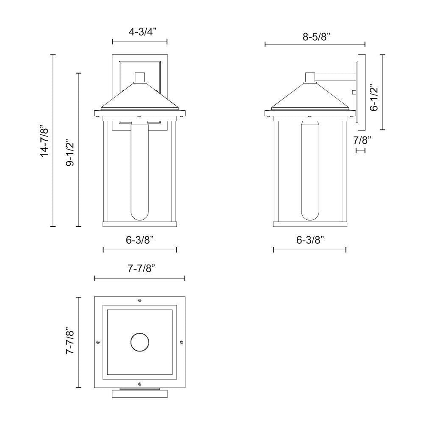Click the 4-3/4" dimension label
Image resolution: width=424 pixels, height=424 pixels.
142,32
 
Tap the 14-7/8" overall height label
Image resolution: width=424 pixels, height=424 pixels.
44,140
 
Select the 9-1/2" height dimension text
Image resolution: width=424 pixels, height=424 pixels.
70,152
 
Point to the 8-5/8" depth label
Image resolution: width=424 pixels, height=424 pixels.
317,36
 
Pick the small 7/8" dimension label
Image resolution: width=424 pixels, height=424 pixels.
362,140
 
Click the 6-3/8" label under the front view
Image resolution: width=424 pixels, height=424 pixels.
140,240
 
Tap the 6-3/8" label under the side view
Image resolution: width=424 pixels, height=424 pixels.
310,240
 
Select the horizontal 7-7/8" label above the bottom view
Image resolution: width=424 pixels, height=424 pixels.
142,268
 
